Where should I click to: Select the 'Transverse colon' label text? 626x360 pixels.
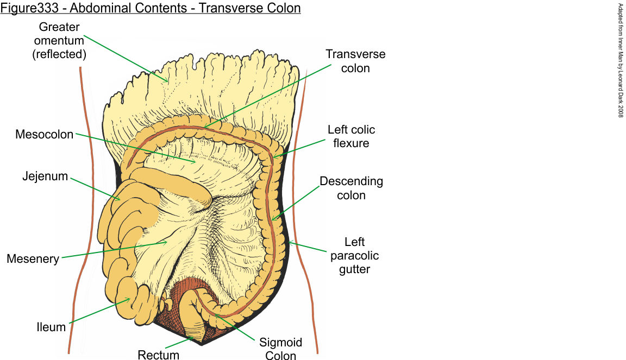coord(355,61)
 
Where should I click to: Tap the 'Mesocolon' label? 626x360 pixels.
coord(44,134)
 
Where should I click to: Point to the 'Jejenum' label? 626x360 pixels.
coord(45,176)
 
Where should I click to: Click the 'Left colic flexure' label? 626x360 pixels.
coord(351,136)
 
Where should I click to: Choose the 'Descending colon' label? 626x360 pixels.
coord(351,188)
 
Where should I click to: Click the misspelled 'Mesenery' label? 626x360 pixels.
coord(33,259)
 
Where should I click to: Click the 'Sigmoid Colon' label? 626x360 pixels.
coord(281,349)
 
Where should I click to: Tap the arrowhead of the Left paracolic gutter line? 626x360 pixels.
coord(290,242)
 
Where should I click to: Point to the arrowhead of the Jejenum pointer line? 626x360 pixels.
coord(120,199)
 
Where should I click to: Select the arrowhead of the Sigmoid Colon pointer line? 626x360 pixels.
coord(215,314)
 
